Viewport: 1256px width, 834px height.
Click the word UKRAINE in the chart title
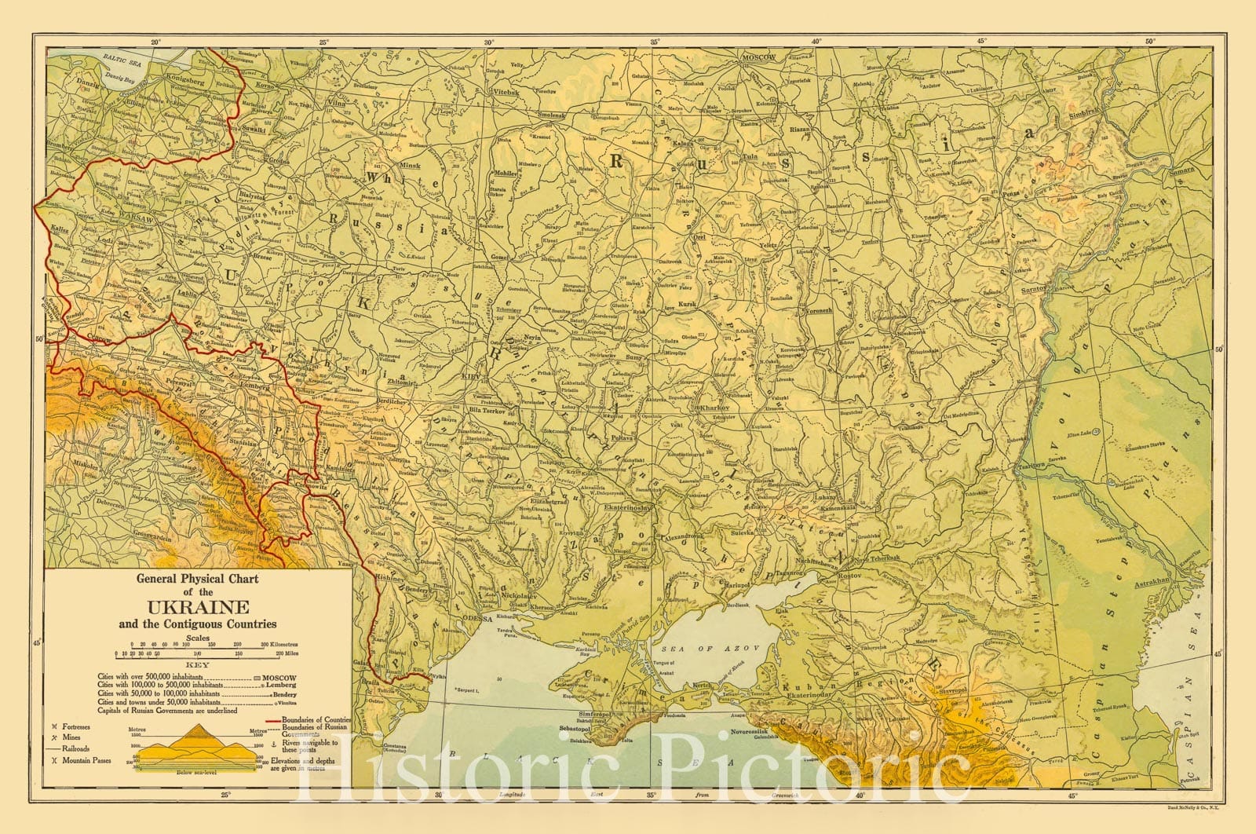[195, 607]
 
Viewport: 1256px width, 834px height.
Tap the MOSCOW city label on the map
[758, 58]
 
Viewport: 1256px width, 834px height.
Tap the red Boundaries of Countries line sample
[283, 719]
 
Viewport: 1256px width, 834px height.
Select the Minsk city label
[410, 166]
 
